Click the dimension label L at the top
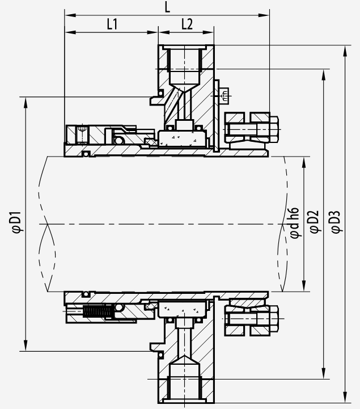[167, 7]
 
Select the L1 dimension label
[112, 24]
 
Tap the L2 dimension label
[187, 24]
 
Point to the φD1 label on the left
[18, 223]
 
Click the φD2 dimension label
[315, 221]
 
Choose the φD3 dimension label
[336, 222]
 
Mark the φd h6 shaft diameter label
[295, 223]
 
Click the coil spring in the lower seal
[98, 311]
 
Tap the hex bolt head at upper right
[273, 129]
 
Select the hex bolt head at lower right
[273, 319]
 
